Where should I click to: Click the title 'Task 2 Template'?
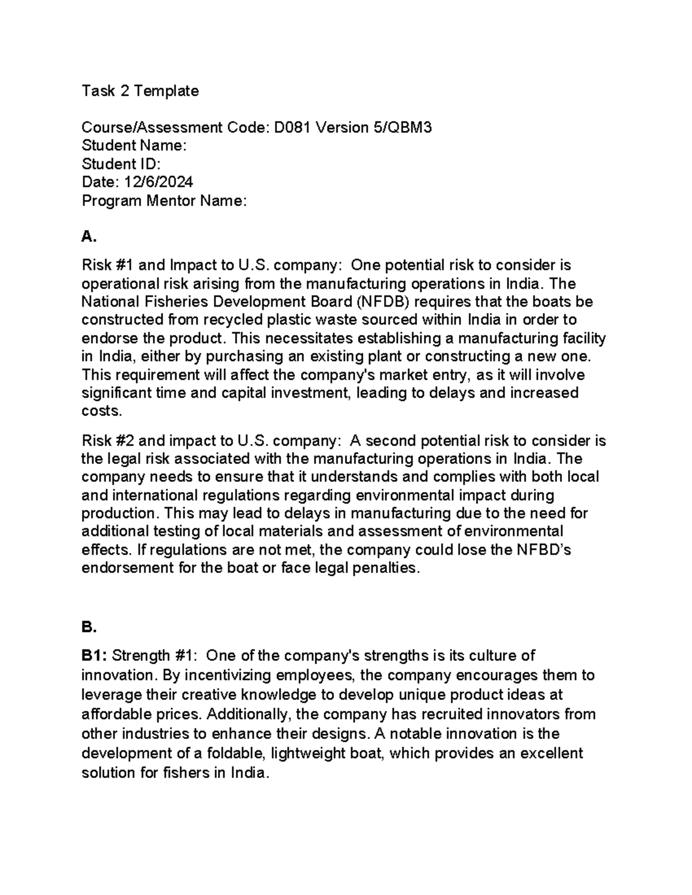tap(140, 91)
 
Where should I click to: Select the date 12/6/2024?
tap(158, 182)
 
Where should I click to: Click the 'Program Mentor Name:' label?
tap(164, 201)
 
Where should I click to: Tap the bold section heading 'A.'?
tap(88, 236)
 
